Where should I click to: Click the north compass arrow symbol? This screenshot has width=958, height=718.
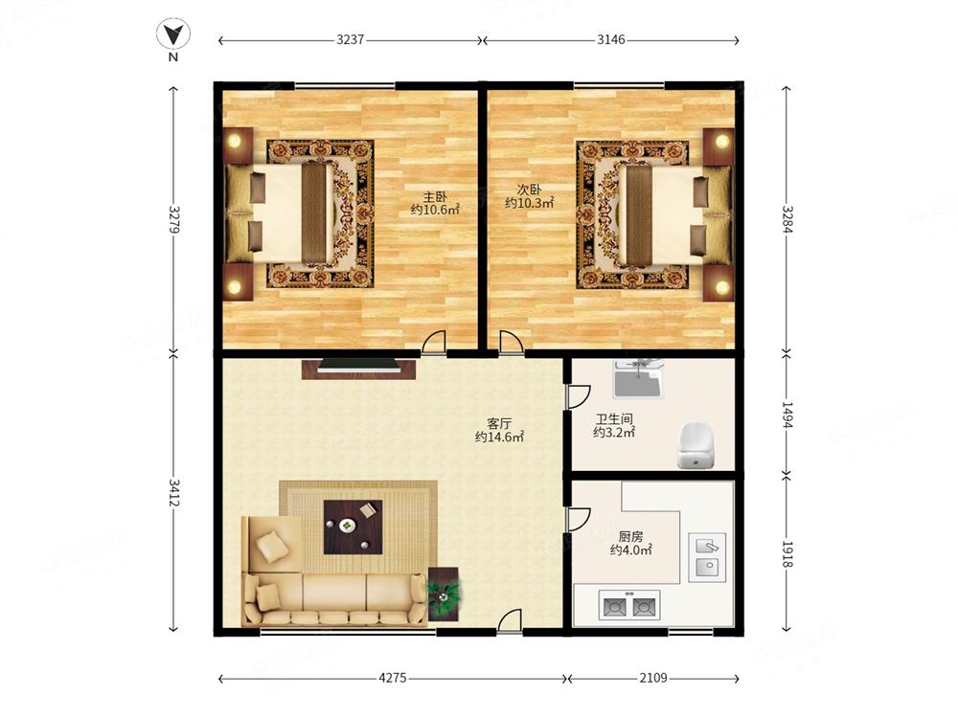tap(172, 34)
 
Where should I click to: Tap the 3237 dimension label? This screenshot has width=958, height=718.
tap(350, 39)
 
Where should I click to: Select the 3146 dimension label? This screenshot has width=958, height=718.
tap(611, 39)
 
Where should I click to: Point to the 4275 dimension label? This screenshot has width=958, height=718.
tap(393, 678)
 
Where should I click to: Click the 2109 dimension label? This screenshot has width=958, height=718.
tap(653, 678)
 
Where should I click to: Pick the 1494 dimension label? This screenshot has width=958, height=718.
tap(787, 415)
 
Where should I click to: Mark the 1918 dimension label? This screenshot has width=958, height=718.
tap(787, 554)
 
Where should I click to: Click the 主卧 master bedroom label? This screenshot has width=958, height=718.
tap(435, 196)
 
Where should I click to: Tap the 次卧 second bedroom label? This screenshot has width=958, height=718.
tap(529, 190)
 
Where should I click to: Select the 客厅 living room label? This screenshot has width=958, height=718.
tap(499, 423)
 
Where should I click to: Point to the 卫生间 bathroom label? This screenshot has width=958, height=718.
tap(614, 419)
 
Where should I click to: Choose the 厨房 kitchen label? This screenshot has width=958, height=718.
tap(630, 537)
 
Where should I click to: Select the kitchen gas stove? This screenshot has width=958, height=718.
tap(629, 606)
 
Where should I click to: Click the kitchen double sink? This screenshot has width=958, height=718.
tap(708, 557)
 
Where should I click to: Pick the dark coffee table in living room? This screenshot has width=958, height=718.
tap(354, 527)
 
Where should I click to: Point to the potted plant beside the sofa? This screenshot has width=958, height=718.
tap(445, 594)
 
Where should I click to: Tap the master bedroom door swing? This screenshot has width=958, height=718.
tap(433, 342)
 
